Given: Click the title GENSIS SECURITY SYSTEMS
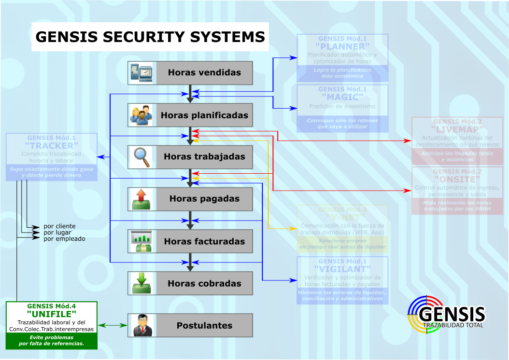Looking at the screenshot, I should [150, 37].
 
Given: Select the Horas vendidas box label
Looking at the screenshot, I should [204, 73].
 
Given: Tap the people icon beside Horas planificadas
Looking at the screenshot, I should [141, 115].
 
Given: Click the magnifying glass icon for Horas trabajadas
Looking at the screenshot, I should [141, 156].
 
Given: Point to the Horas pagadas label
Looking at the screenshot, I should [204, 199].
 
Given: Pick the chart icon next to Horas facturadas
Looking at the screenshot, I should [141, 241].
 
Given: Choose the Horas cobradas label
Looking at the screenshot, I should [204, 284].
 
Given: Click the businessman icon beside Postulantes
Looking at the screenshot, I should [141, 325].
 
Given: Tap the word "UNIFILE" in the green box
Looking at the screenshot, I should [52, 315].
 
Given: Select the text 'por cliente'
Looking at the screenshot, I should [59, 226].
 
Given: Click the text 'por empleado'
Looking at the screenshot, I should [64, 238].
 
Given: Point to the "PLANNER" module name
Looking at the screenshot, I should [342, 47].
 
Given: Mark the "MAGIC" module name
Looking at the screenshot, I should [342, 97].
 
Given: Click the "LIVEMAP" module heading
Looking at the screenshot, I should [457, 130].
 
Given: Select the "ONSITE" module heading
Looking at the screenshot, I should [457, 179].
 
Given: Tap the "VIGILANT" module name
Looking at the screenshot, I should [342, 269].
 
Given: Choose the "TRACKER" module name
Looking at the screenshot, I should [52, 146].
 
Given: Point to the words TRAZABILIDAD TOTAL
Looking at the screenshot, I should [453, 325].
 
